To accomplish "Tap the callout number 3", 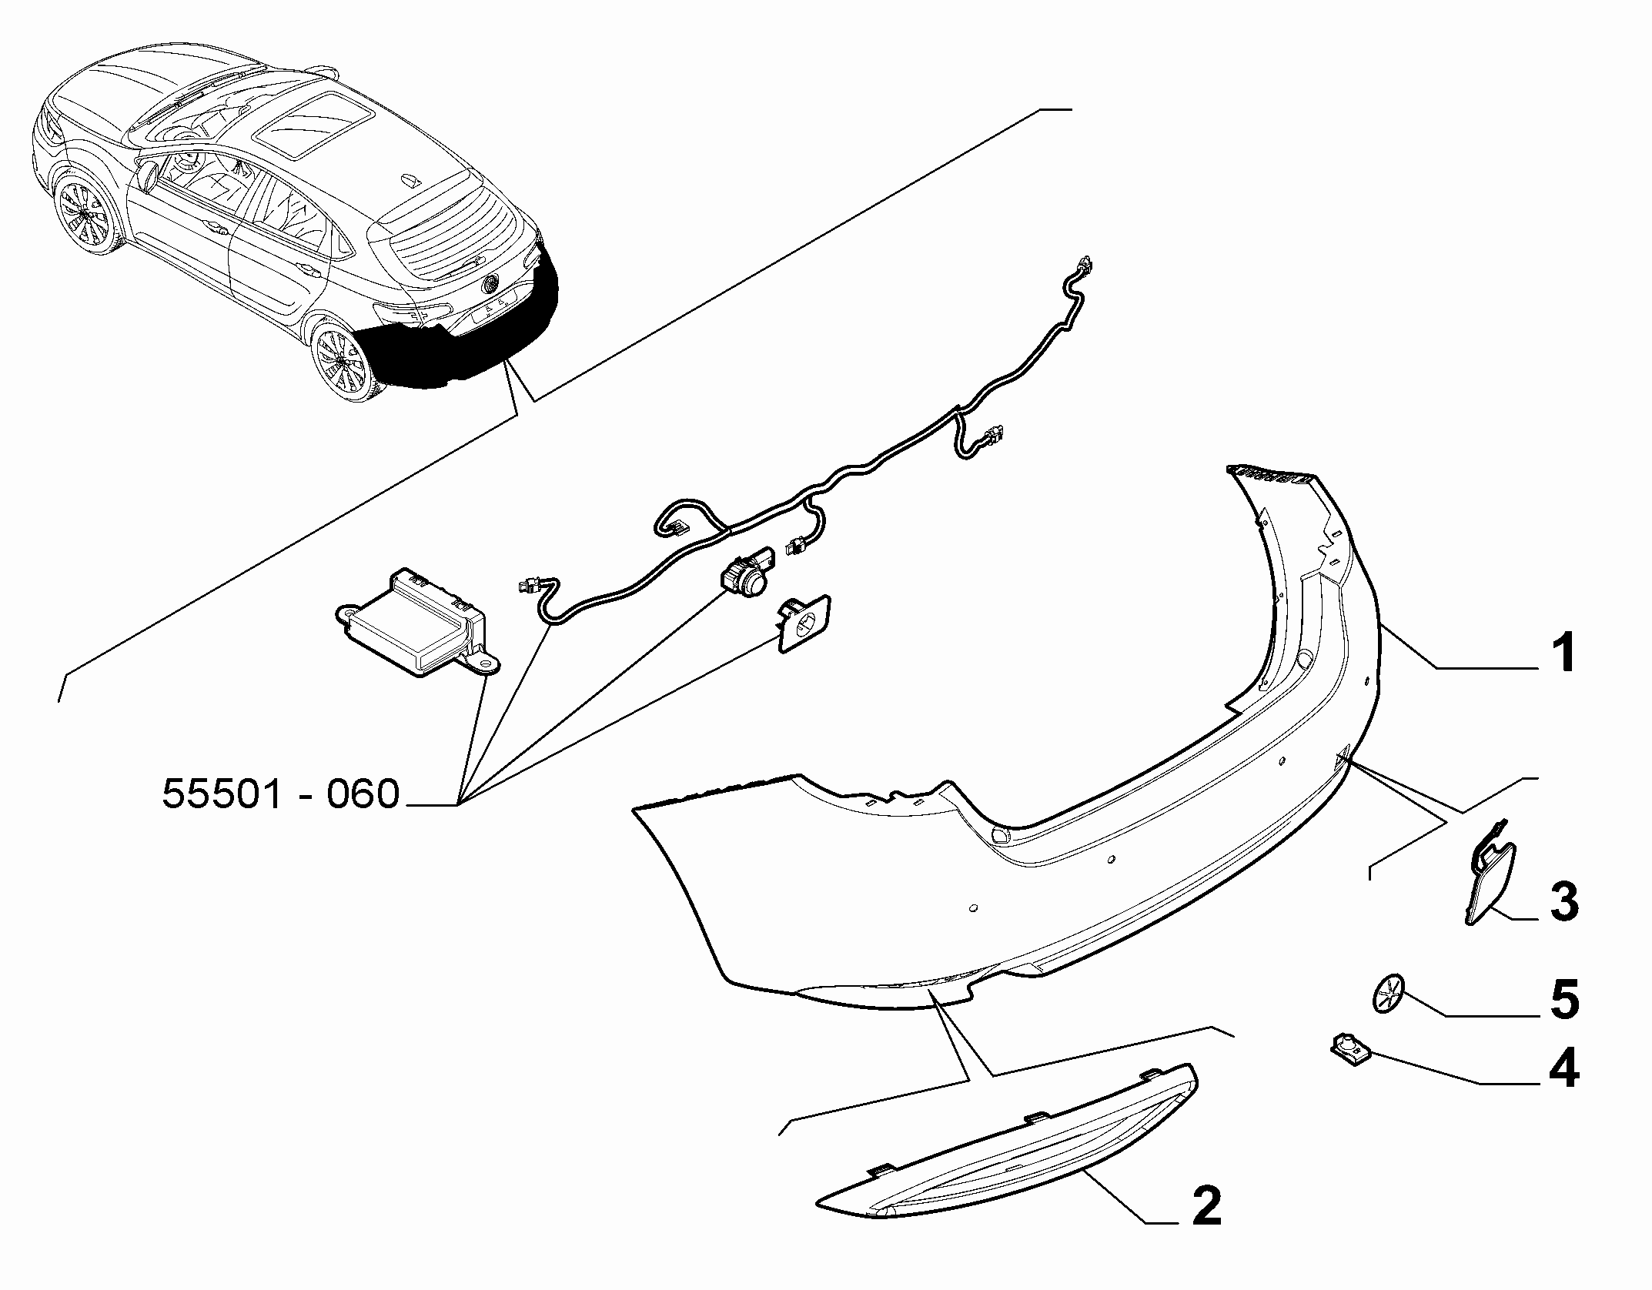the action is coord(1563,901).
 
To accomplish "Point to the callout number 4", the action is coord(1563,1070).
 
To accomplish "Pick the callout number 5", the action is coord(1563,1000).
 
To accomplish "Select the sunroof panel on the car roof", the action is coord(315,125).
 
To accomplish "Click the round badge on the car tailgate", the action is coord(491,285).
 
